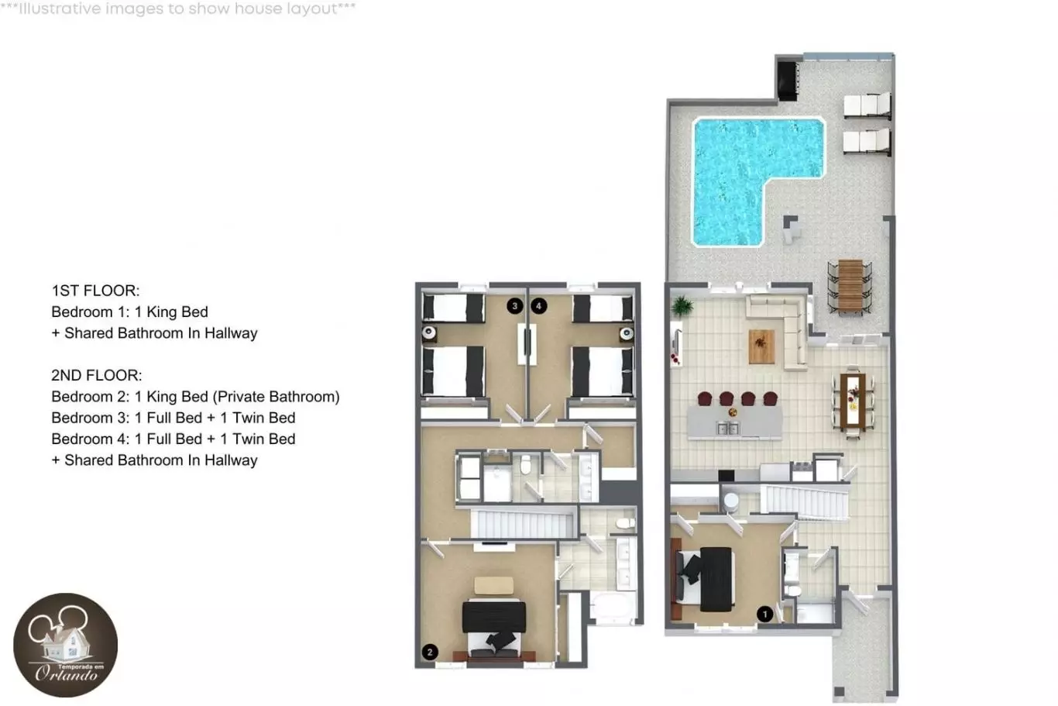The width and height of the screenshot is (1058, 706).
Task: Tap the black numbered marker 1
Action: (764, 614)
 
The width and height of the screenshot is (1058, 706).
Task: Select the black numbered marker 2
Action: (430, 652)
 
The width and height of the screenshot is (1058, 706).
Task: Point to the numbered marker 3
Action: (515, 306)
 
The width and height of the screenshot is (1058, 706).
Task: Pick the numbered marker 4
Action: (538, 306)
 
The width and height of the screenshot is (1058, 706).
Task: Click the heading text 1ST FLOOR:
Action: (95, 291)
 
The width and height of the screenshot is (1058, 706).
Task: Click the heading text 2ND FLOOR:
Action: (96, 375)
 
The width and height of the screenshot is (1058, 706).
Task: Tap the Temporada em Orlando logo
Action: (66, 645)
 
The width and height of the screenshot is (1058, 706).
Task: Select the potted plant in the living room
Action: (682, 307)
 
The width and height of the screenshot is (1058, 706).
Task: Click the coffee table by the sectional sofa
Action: (761, 346)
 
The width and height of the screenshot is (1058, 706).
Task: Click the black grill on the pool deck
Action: (788, 81)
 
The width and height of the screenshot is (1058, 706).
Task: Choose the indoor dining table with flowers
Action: (853, 401)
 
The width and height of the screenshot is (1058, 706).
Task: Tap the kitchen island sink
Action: (728, 429)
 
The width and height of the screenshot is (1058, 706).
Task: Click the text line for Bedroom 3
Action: (173, 418)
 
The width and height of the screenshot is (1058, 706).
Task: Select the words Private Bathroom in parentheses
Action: (277, 397)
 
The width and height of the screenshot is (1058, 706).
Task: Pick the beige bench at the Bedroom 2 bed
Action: (494, 585)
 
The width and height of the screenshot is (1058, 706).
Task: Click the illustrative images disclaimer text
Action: (178, 9)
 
